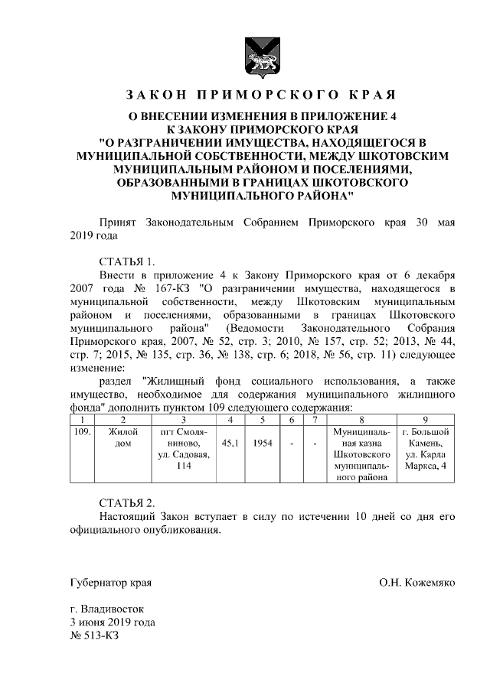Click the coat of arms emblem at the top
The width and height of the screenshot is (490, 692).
point(260,54)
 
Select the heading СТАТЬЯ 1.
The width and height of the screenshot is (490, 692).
point(127,260)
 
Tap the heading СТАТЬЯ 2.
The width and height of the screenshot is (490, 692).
point(127,502)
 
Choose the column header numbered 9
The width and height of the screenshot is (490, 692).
point(426,419)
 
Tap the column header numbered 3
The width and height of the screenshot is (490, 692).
point(184,419)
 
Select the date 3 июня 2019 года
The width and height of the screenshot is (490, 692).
point(112,622)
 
